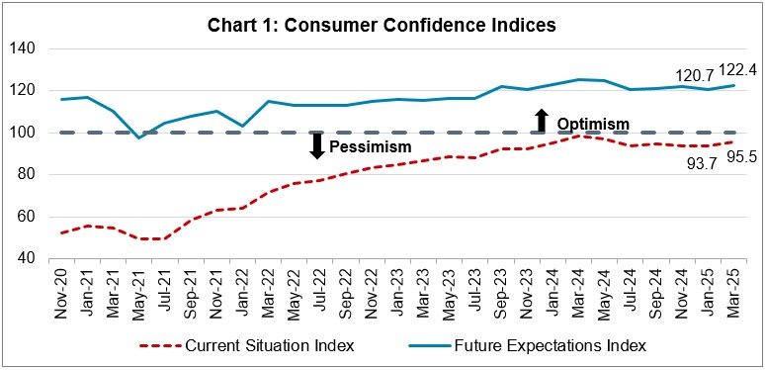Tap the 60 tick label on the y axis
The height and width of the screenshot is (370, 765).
(x=27, y=217)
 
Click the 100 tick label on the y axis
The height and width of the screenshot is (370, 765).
(x=23, y=133)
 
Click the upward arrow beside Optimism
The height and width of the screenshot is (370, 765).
(x=541, y=121)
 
